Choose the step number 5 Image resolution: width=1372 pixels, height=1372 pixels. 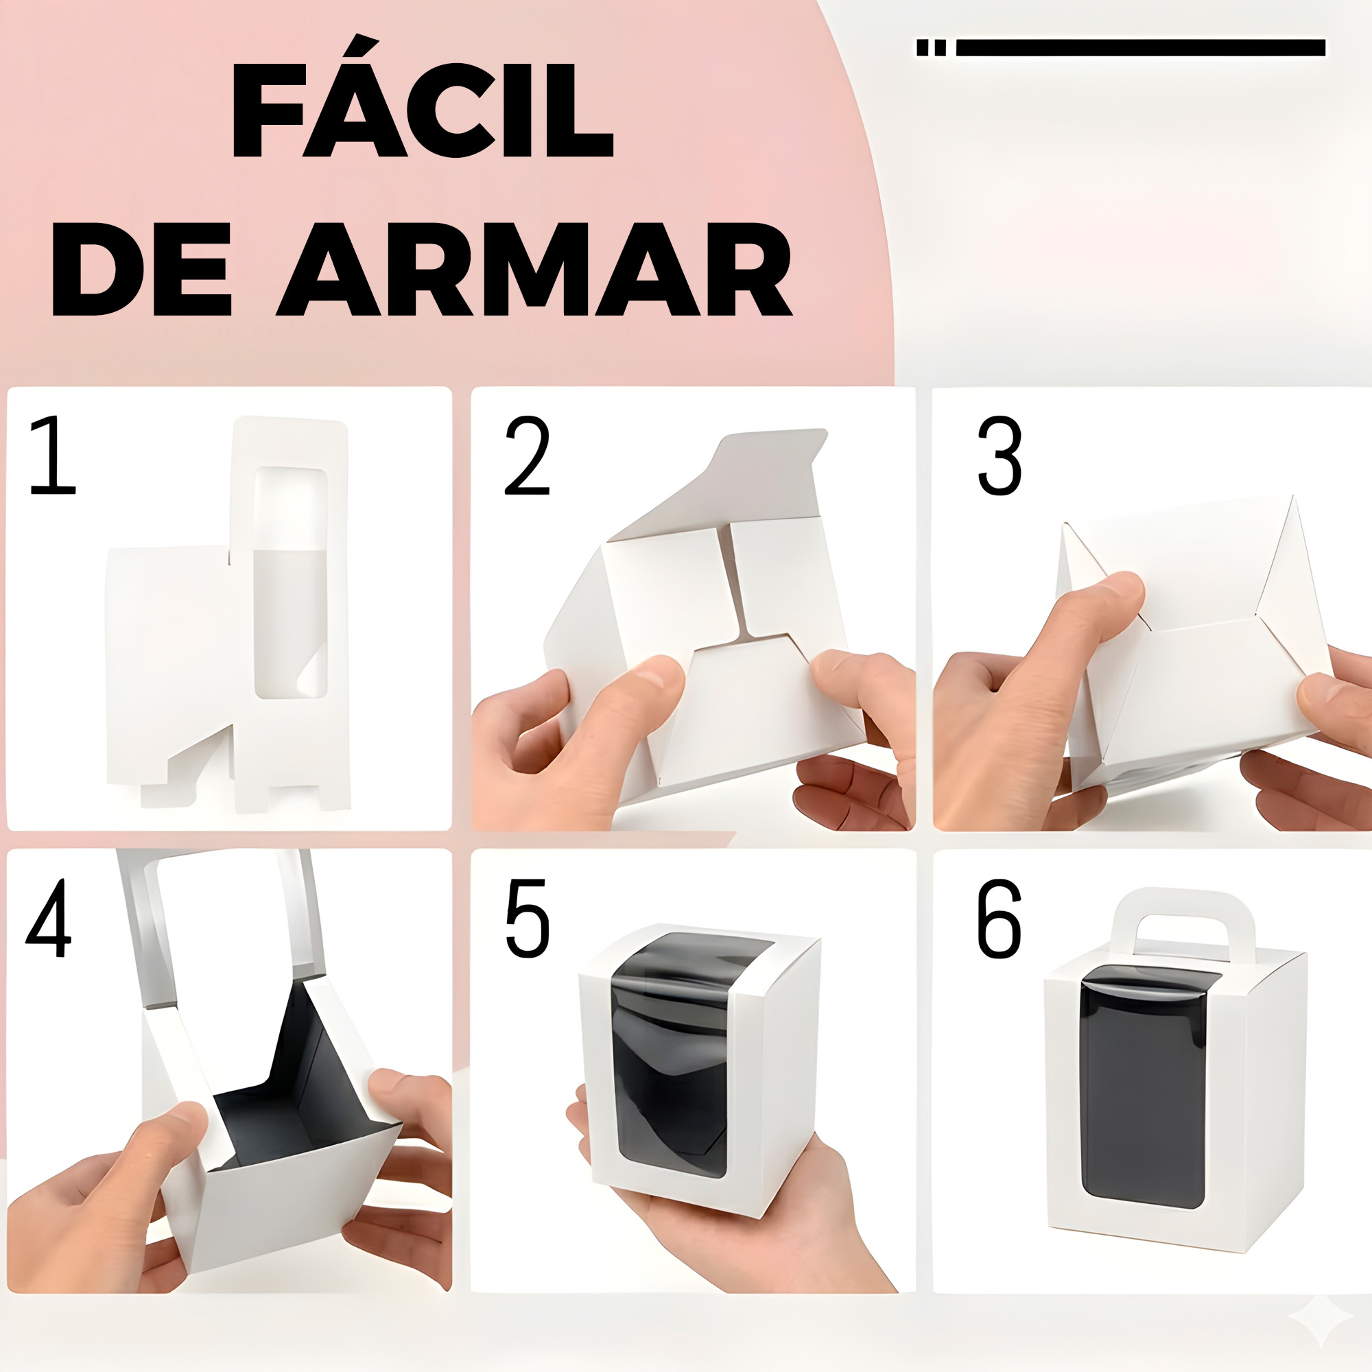click(527, 919)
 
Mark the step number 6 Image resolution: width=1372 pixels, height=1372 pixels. click(1000, 919)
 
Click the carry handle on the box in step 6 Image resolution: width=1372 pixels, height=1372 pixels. click(1184, 899)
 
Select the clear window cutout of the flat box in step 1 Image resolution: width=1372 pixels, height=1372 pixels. click(290, 582)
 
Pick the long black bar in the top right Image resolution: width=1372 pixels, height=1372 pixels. click(1141, 47)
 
